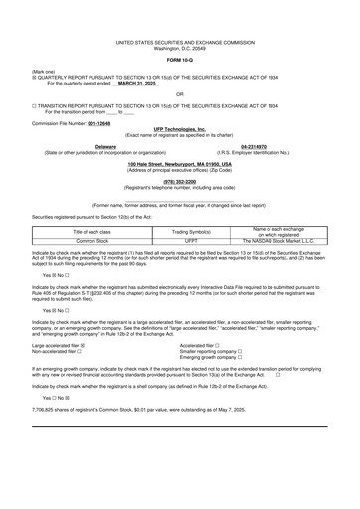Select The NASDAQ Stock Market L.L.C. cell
285,241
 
